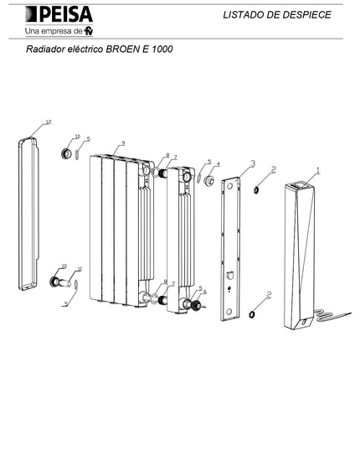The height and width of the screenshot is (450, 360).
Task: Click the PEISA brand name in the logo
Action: pyautogui.click(x=66, y=14)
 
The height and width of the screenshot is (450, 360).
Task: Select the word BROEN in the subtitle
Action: pyautogui.click(x=121, y=49)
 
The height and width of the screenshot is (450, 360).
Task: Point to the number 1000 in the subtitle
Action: pyautogui.click(x=162, y=49)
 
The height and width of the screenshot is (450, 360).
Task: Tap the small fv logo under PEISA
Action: pyautogui.click(x=89, y=30)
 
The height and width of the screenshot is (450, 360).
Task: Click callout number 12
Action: pyautogui.click(x=49, y=122)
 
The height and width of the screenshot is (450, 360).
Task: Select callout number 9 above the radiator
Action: pyautogui.click(x=123, y=143)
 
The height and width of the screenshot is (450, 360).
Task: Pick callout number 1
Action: pyautogui.click(x=318, y=171)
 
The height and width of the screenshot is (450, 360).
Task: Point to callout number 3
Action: pyautogui.click(x=253, y=163)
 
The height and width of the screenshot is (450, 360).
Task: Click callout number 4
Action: pyautogui.click(x=219, y=164)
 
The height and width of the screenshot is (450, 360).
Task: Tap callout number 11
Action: pyautogui.click(x=80, y=269)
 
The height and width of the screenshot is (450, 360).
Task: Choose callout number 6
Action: pyautogui.click(x=204, y=292)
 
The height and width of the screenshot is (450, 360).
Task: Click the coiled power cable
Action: pyautogui.click(x=332, y=316)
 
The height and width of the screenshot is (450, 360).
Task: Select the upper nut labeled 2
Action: pyautogui.click(x=256, y=189)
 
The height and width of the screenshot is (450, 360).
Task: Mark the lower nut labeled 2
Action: pyautogui.click(x=252, y=314)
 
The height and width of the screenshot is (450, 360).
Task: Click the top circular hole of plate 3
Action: pyautogui.click(x=229, y=186)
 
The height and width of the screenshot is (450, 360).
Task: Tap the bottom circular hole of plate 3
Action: pyautogui.click(x=229, y=312)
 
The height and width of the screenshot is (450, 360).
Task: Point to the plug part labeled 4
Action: pyautogui.click(x=209, y=181)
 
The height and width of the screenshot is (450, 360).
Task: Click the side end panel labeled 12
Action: pyautogui.click(x=28, y=214)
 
